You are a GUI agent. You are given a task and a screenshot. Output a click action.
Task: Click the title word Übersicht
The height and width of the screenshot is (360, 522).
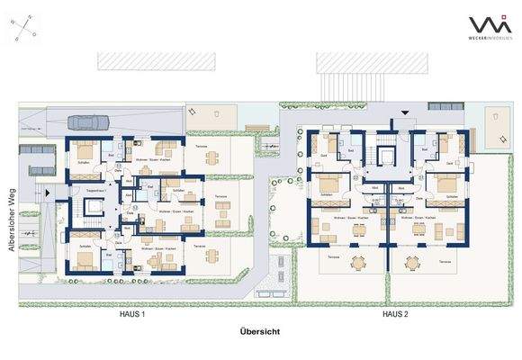260,332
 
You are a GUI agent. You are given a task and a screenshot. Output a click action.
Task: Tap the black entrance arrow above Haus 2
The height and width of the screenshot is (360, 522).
403,112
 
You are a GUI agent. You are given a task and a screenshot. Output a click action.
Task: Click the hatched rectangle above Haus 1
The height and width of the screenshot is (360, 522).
157,62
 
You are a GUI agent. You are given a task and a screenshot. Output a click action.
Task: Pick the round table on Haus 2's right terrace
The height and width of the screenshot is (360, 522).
414,264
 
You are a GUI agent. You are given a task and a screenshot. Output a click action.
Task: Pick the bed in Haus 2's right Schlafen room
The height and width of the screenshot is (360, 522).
444,185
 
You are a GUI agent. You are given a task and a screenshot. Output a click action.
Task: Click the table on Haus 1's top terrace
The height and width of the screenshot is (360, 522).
211,157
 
